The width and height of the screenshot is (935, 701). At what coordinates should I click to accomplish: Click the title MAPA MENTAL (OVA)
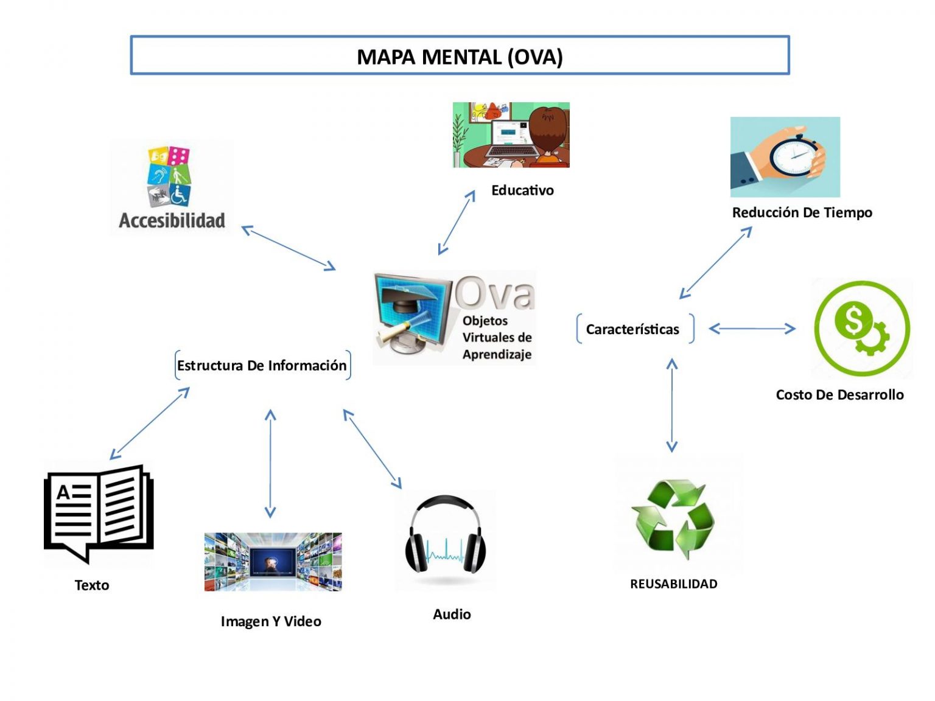coord(460,57)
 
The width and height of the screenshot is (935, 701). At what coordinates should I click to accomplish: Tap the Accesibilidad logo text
coord(172,220)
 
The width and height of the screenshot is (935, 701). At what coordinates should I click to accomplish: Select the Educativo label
coord(522,190)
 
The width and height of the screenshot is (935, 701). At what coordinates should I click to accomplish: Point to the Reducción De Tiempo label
coord(802,212)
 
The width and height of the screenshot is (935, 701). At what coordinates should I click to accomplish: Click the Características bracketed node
coord(633,329)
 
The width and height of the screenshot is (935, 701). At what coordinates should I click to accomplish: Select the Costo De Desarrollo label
coord(839,395)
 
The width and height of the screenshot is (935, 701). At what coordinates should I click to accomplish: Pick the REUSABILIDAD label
coord(673,584)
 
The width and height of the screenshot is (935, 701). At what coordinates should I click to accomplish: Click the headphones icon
coord(446,535)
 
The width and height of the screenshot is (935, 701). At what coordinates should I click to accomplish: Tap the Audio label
coord(452,615)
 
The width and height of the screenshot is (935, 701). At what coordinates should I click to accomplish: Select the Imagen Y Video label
coord(271,621)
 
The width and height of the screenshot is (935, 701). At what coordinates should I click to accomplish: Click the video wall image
coord(273,562)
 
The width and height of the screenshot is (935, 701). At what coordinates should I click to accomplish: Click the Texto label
coord(92,585)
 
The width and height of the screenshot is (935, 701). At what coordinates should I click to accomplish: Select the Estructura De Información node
coord(262,366)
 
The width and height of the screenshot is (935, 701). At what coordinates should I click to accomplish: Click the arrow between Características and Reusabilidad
coord(672,405)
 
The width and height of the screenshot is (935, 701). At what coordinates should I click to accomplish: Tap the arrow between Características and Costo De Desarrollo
coord(752,329)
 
